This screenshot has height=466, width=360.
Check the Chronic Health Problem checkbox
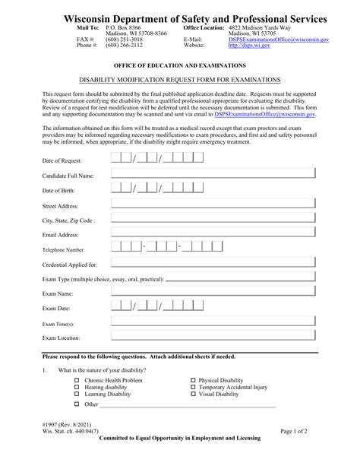[77, 380]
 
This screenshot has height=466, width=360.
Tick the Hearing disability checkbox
[77, 387]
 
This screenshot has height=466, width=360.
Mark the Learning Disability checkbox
[77, 395]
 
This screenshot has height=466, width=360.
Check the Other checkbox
[77, 405]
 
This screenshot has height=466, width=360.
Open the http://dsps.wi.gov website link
[251, 45]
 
